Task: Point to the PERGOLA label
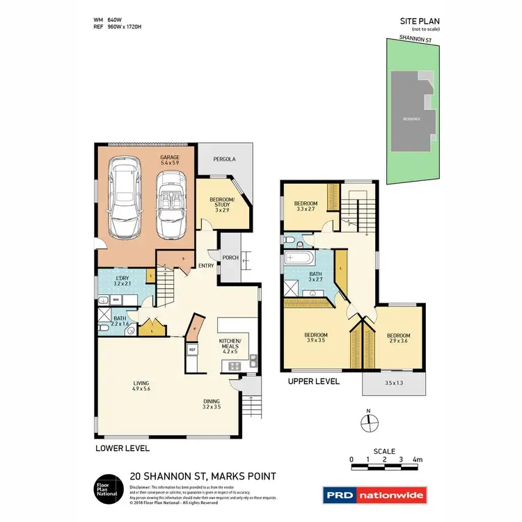(x=224, y=159)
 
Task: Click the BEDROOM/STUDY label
(x=223, y=205)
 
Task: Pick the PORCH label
(x=230, y=258)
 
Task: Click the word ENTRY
(x=206, y=265)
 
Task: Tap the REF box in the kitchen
(x=191, y=349)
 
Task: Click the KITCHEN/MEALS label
(x=230, y=345)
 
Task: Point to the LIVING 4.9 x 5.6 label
(x=143, y=386)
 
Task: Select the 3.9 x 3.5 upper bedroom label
(x=315, y=338)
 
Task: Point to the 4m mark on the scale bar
(x=417, y=459)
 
